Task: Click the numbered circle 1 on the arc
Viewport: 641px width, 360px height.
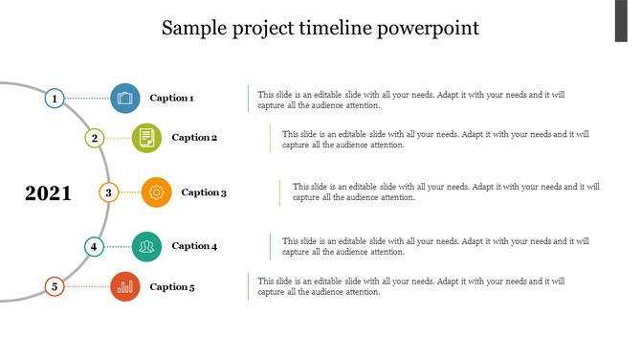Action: tap(55, 98)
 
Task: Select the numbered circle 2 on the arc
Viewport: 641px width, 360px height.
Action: tap(94, 138)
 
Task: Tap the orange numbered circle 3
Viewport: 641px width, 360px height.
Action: tap(108, 192)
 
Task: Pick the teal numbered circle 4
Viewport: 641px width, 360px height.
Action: tap(94, 246)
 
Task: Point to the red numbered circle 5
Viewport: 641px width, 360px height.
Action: tap(55, 286)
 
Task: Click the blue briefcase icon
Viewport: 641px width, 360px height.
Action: tap(125, 98)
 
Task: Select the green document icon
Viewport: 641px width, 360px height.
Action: tap(146, 138)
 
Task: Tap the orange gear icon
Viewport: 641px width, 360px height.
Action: tap(156, 192)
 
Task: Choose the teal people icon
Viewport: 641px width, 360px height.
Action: tap(146, 246)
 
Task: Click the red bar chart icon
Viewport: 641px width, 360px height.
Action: tap(125, 286)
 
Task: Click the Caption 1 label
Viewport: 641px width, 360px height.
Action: tap(172, 98)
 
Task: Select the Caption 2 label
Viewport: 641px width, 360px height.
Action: tap(194, 138)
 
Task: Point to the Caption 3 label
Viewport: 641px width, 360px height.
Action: tap(204, 192)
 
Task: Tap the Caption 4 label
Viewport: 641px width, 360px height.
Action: tap(194, 246)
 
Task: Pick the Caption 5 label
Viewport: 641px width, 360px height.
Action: tap(172, 286)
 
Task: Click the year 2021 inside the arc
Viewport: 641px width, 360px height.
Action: tap(48, 193)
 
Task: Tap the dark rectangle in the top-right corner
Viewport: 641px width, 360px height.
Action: tap(627, 21)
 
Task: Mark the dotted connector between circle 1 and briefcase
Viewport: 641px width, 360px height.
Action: tap(87, 98)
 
